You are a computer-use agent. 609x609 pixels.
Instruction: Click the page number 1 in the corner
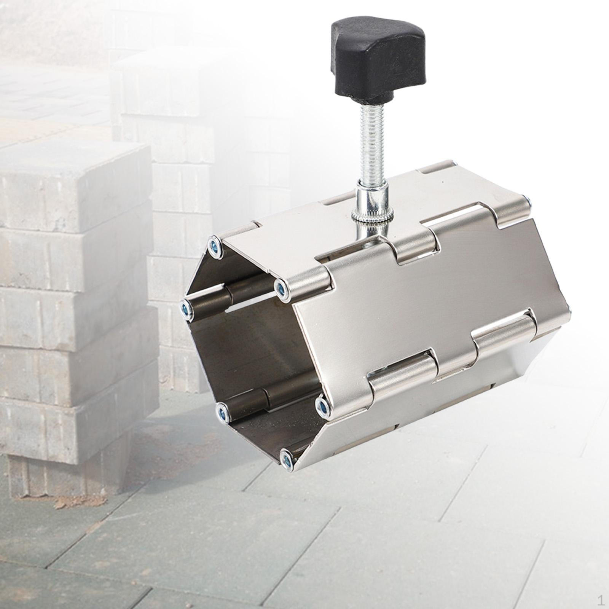point(601,599)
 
